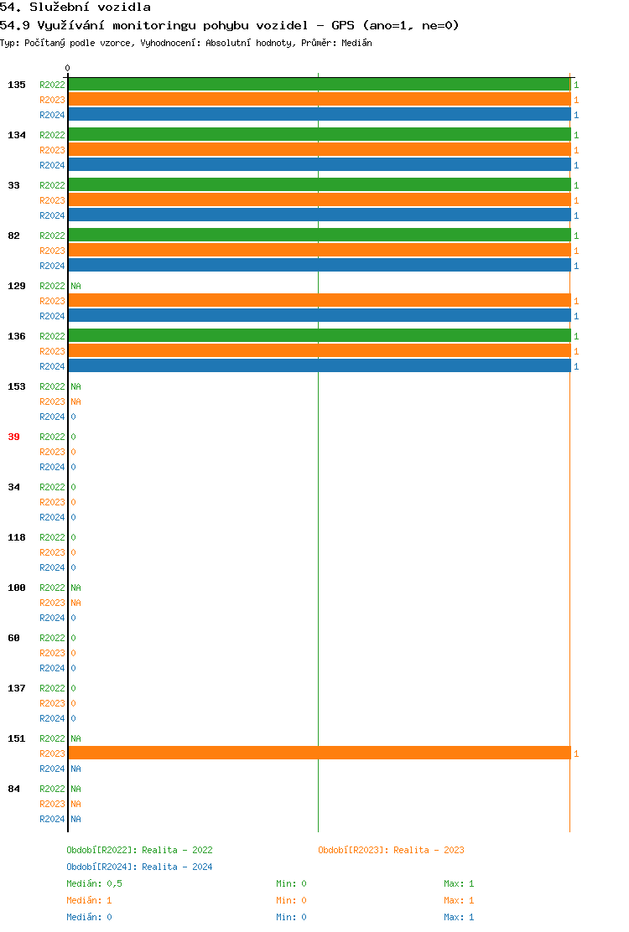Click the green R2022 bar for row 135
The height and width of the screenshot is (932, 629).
point(319,85)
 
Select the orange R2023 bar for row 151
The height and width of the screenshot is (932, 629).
point(319,753)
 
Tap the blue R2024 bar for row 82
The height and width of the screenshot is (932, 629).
point(319,266)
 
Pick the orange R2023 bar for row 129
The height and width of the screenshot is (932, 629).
point(319,301)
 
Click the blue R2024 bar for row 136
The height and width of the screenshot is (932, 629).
point(319,366)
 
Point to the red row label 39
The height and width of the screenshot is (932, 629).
point(14,437)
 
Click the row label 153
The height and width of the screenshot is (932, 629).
point(17,386)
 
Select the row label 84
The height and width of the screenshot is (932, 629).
point(14,789)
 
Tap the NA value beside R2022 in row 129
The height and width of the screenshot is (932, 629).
point(75,286)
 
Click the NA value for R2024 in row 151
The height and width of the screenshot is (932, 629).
point(75,769)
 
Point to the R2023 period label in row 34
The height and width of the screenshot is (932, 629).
point(52,502)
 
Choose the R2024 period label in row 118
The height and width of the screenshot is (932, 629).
point(52,567)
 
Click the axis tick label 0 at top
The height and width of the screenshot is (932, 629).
point(68,68)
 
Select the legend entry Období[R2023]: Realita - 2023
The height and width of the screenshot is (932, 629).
point(391,850)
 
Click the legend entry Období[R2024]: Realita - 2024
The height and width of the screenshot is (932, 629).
point(139,867)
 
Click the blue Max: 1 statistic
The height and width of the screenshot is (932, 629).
point(459,917)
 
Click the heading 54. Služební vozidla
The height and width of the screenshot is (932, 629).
point(75,8)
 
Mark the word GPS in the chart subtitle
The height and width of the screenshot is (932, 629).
point(343,25)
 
